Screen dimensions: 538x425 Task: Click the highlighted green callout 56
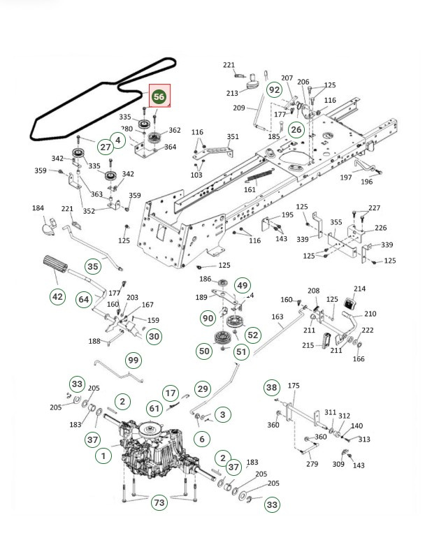[x=159, y=97]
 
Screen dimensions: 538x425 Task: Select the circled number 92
[x=275, y=89]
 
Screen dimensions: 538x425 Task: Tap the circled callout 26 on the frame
[x=296, y=129]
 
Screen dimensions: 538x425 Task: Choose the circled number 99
[x=133, y=360]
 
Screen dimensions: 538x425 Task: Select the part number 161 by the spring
[x=250, y=189]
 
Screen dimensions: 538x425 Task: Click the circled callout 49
[x=242, y=285]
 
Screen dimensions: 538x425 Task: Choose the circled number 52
[x=253, y=335]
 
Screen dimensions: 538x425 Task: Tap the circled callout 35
[x=92, y=266]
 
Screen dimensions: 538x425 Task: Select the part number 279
[x=312, y=465]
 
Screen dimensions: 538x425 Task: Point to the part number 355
[x=336, y=222]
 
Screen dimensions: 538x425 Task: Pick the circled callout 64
[x=84, y=299]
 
